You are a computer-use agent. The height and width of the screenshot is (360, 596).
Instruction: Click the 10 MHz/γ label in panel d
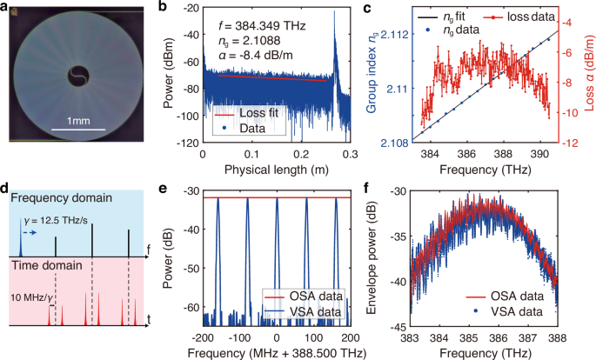[x=30, y=299]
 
